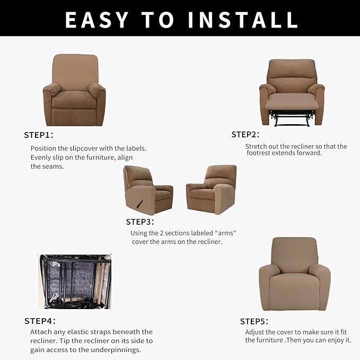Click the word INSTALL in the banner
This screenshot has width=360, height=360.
[243, 20]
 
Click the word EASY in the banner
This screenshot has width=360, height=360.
[96, 20]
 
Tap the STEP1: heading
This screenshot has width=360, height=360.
[39, 135]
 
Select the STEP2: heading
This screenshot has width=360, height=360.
[245, 135]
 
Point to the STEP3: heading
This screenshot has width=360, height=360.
[140, 222]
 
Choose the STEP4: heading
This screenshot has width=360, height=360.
[40, 321]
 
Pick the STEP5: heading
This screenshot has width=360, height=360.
[254, 321]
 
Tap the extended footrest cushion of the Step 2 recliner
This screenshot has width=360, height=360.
[292, 101]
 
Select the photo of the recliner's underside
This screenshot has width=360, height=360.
[75, 282]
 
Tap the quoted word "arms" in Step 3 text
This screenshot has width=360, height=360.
[225, 233]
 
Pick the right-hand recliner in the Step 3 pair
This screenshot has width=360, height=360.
[212, 190]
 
